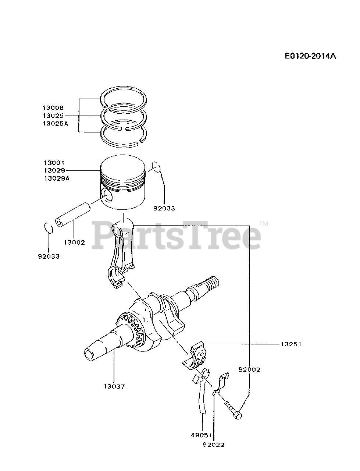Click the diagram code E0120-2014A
coord(310,56)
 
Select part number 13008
coord(53,108)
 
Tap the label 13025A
coord(55,124)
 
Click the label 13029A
coord(57,178)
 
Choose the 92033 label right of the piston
coord(164,208)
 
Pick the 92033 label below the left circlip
coord(49,256)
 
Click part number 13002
coord(74,242)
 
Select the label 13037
coord(114,386)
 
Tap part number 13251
coord(291,344)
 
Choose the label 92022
coord(213,445)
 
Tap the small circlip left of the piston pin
coord(49,228)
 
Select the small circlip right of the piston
coord(156,167)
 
